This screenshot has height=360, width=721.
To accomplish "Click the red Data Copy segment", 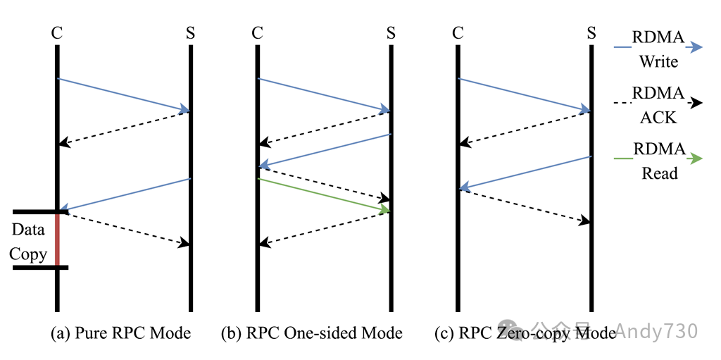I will click(57, 239).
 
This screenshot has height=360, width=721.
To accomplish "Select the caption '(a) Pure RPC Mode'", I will click(120, 333).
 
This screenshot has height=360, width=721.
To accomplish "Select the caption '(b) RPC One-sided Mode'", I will click(311, 333).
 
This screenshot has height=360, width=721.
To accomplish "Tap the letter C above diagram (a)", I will click(57, 33).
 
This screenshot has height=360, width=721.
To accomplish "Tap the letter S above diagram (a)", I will click(191, 33).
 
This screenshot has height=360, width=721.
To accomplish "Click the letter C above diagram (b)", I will click(257, 33).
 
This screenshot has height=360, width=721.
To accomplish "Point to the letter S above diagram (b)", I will click(391, 33).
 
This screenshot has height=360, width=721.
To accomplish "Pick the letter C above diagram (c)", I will click(458, 33).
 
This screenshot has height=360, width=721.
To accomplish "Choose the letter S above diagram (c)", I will click(591, 33).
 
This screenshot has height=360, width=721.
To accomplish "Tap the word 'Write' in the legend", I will click(658, 62).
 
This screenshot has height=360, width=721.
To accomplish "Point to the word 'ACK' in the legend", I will click(658, 118).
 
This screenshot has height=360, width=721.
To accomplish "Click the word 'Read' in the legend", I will click(659, 173).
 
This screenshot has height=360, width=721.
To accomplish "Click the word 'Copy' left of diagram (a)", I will click(28, 254).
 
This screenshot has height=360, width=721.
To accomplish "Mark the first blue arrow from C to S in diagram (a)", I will click(123, 94).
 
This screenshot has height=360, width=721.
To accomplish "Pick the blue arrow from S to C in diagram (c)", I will click(525, 173).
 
